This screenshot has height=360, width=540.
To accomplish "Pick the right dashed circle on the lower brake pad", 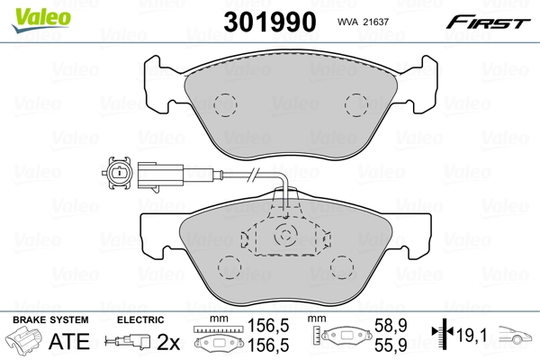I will click(343, 266).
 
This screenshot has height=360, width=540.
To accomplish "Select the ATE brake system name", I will click(68, 341).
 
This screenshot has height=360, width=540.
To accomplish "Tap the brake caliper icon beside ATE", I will click(24, 342).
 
